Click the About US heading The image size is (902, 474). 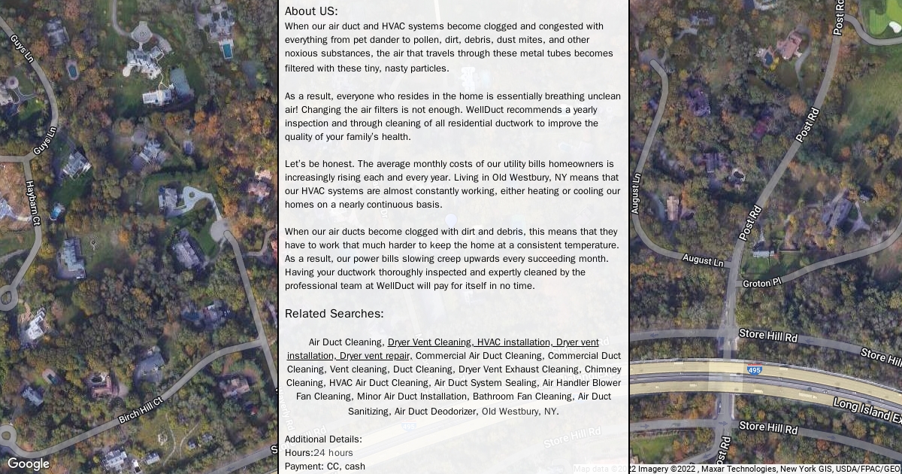(x=311, y=11)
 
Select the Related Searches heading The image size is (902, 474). (x=334, y=314)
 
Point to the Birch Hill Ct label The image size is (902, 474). (x=141, y=410)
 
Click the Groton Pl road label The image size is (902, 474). (x=762, y=283)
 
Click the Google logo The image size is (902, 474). (x=29, y=463)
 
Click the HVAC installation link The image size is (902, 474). (x=513, y=342)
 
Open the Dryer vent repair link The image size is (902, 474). (x=374, y=356)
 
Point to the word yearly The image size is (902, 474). (x=580, y=110)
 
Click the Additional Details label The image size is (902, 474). (x=323, y=439)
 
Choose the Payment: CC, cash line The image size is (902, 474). (x=325, y=466)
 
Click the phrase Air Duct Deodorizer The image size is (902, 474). (x=435, y=412)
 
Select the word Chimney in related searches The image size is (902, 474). (x=602, y=369)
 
